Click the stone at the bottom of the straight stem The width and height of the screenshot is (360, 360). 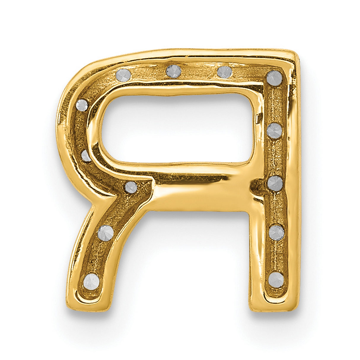coord(276,279)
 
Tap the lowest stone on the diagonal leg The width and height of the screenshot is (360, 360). coord(91,281)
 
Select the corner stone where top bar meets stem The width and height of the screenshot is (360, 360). coord(274,78)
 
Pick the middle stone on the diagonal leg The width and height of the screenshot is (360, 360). coord(106,232)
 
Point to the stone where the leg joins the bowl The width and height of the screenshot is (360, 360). coord(131,187)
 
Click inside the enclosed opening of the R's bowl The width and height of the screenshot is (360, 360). coord(178,128)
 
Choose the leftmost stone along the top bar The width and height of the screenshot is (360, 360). coord(123,75)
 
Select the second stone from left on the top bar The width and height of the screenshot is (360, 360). coord(173,71)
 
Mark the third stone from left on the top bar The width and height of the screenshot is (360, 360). coord(224,72)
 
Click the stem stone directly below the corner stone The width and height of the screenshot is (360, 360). coord(274,130)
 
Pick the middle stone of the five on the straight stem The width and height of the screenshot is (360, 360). coord(275,183)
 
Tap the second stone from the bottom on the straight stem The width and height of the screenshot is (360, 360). coord(276,232)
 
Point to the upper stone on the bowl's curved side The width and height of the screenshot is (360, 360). coord(82,105)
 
